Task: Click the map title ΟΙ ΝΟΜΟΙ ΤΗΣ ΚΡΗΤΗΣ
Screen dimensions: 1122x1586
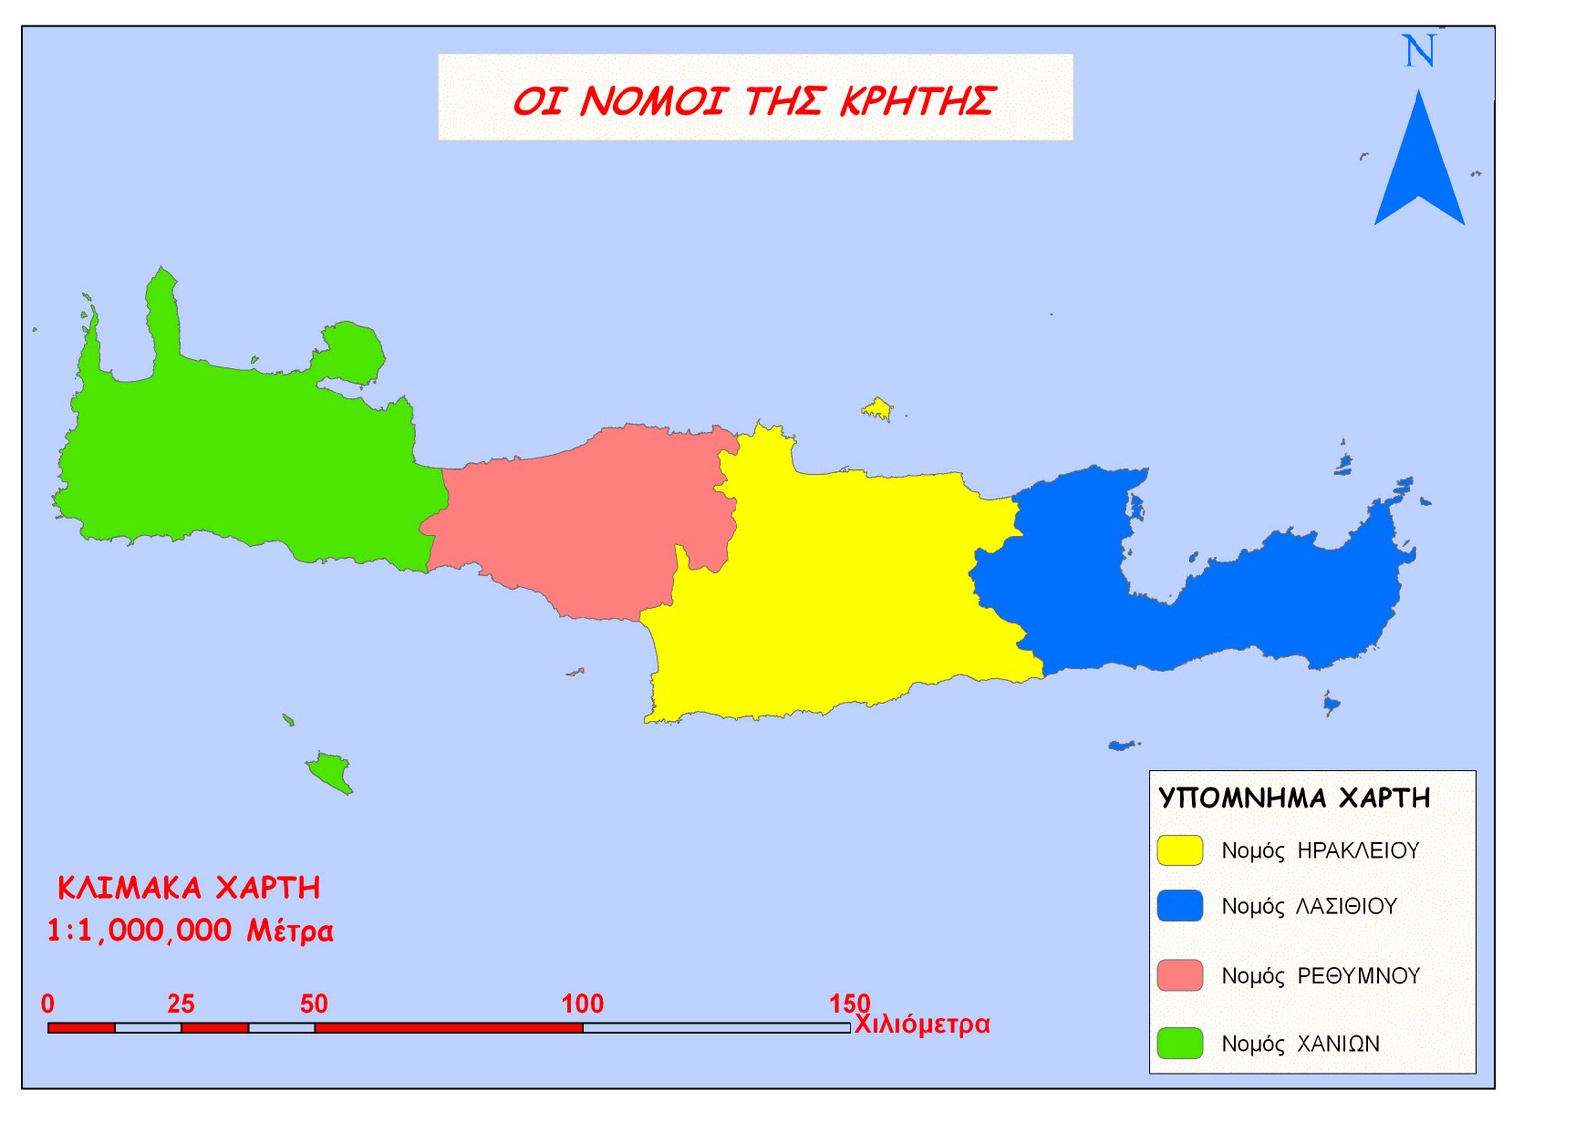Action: point(754,100)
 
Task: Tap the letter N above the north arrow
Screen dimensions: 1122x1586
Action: point(1418,52)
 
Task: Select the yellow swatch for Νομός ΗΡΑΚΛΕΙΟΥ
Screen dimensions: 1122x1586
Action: point(1180,850)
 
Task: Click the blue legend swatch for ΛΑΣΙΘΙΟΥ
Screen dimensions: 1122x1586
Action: point(1180,906)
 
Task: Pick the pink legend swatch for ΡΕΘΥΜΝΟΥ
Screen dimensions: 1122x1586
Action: point(1180,975)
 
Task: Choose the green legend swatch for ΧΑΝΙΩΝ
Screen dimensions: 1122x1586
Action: point(1180,1043)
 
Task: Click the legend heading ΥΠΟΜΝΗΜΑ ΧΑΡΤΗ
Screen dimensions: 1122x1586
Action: point(1295,799)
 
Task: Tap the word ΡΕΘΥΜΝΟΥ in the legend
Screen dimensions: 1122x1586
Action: point(1358,976)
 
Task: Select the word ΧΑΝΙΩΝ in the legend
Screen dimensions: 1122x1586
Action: point(1338,1044)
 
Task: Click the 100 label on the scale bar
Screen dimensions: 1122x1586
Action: point(582,1004)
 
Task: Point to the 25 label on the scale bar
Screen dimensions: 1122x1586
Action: point(180,1004)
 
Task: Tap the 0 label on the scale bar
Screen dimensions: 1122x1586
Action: point(48,1004)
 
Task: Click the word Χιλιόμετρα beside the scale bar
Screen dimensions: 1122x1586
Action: point(923,1024)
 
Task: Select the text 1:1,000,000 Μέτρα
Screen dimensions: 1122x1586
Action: point(189,930)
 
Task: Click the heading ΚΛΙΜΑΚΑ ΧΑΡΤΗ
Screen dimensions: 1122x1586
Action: point(189,887)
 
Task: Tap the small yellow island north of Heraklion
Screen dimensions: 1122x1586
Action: point(877,408)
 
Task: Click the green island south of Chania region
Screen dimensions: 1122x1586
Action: point(329,770)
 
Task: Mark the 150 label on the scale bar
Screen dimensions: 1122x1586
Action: point(850,1004)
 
